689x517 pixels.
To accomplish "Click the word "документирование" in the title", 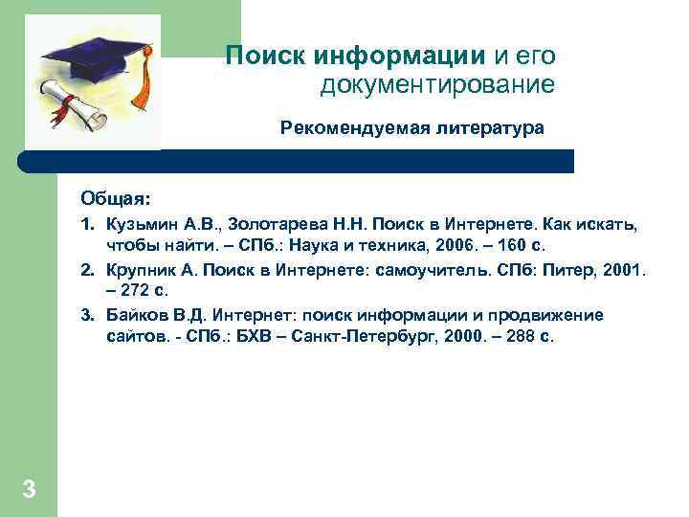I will click(x=437, y=85).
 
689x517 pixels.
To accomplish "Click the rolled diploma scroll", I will click(x=72, y=104).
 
